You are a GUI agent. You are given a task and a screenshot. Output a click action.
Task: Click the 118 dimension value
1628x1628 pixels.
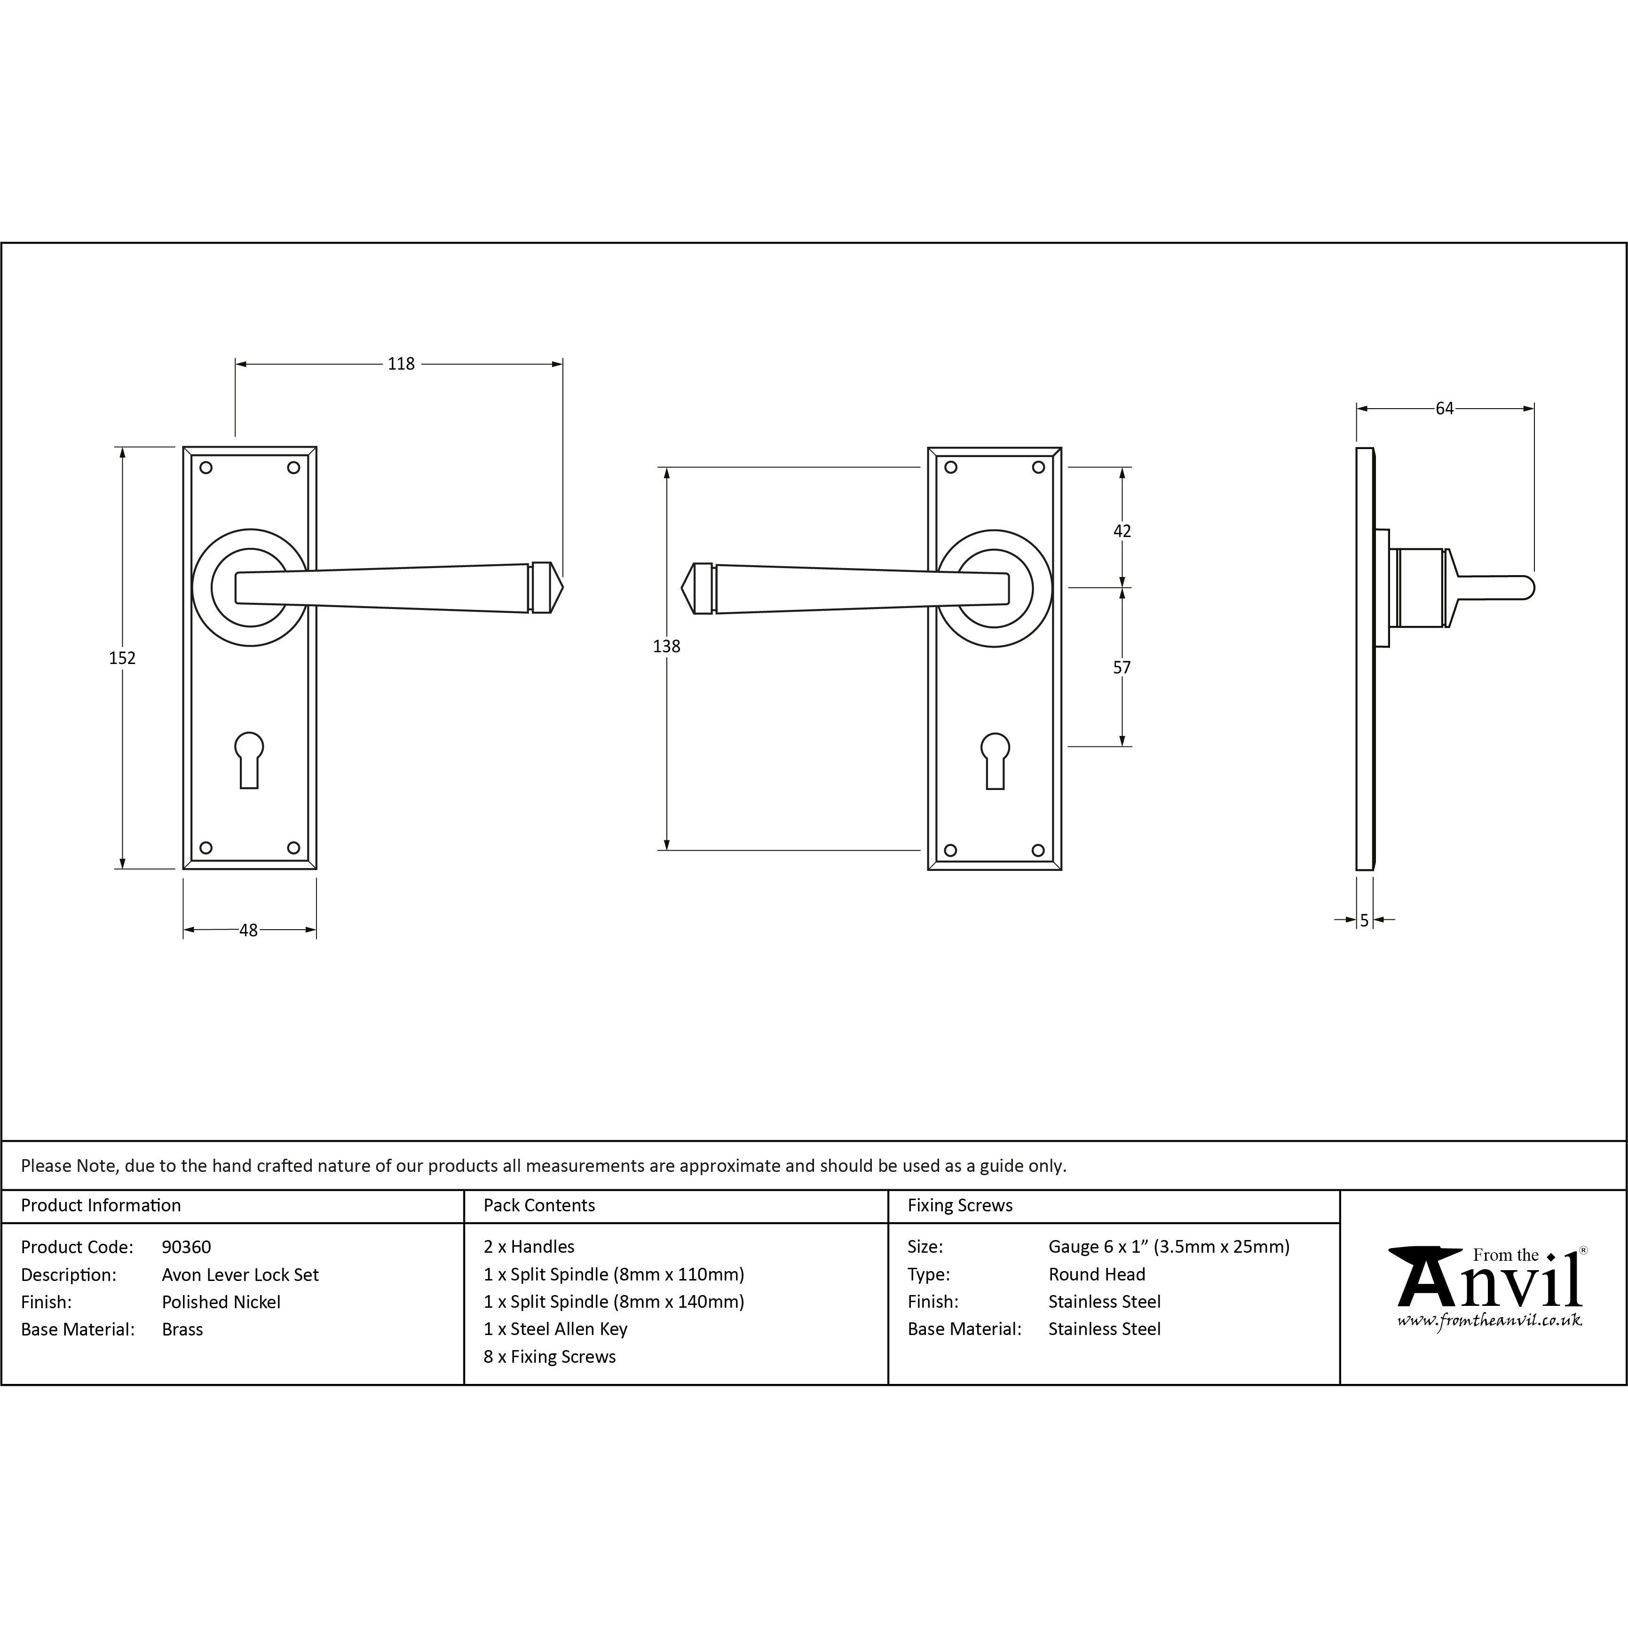pyautogui.click(x=401, y=364)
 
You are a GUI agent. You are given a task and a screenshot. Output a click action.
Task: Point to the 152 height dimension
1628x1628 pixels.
pyautogui.click(x=122, y=658)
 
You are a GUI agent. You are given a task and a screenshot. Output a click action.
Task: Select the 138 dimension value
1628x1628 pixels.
pyautogui.click(x=666, y=646)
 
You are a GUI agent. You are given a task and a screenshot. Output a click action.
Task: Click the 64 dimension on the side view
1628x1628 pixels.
pyautogui.click(x=1444, y=409)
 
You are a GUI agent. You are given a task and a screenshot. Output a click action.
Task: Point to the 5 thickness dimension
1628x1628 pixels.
pyautogui.click(x=1364, y=921)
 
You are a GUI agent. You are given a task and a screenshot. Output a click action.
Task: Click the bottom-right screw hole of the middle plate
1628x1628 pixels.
pyautogui.click(x=1038, y=850)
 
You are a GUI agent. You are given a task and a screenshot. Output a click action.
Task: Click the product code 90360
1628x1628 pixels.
pyautogui.click(x=186, y=1247)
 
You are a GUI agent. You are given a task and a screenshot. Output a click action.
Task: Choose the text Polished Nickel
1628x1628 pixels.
pyautogui.click(x=221, y=1302)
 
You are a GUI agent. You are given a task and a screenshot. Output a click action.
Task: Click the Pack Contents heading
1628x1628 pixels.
pyautogui.click(x=539, y=1205)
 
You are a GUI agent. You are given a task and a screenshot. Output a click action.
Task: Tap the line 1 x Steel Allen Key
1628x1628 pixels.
pyautogui.click(x=555, y=1329)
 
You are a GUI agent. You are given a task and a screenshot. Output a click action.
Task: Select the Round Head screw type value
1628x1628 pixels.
pyautogui.click(x=1096, y=1274)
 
